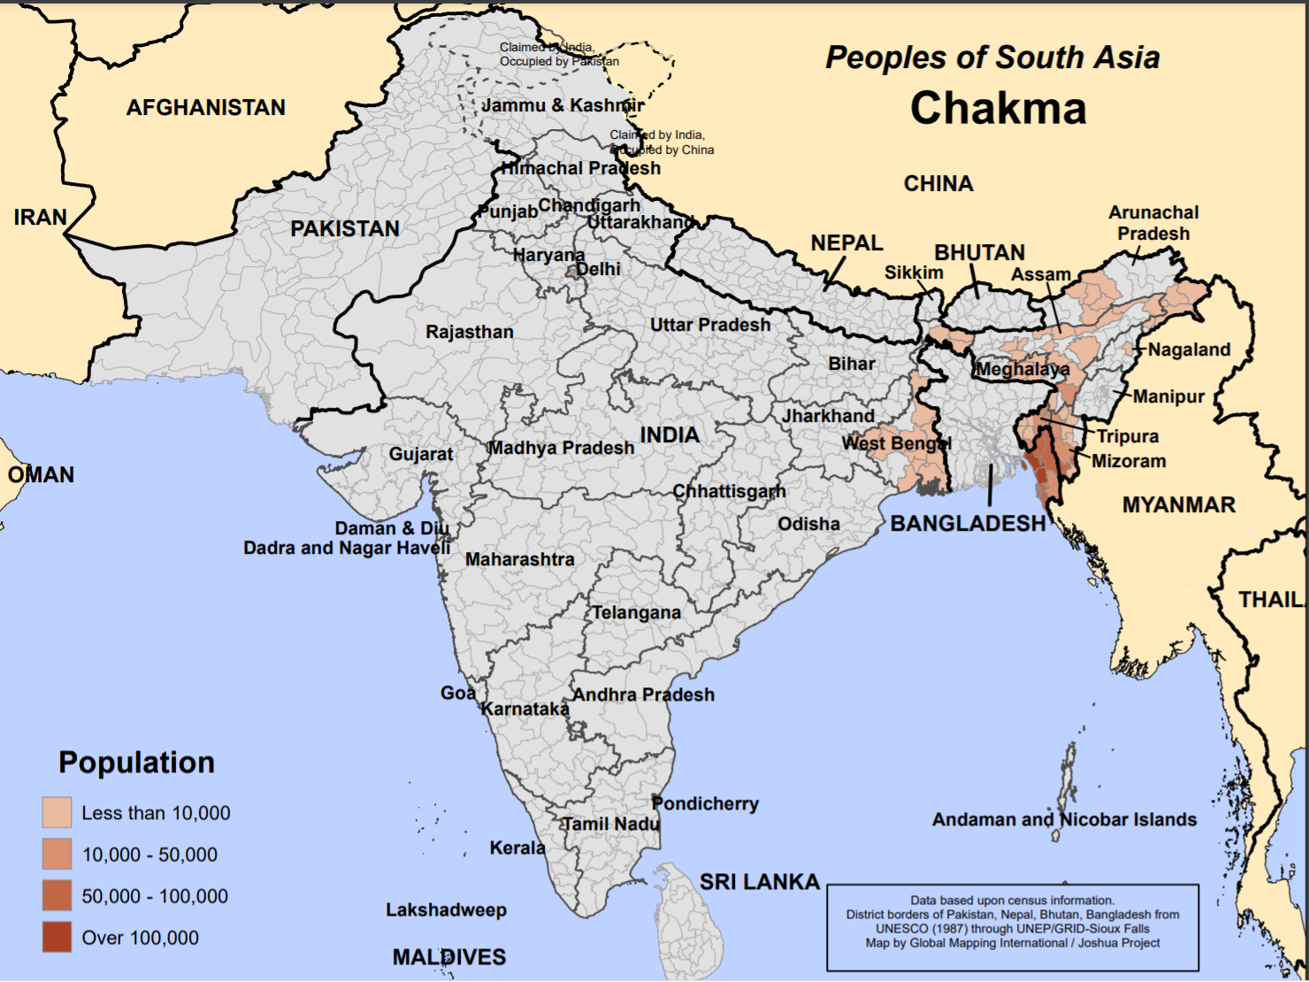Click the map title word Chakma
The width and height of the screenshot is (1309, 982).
pyautogui.click(x=998, y=109)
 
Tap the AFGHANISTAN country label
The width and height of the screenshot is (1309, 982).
pyautogui.click(x=205, y=108)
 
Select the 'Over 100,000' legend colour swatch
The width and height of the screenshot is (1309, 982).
pyautogui.click(x=57, y=937)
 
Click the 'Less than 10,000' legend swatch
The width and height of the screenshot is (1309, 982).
pyautogui.click(x=57, y=812)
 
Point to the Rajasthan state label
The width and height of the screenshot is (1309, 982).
pyautogui.click(x=469, y=332)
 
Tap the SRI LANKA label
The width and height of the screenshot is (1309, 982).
pyautogui.click(x=759, y=882)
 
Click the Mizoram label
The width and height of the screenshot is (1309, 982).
pyautogui.click(x=1129, y=461)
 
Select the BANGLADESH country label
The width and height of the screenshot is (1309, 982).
pyautogui.click(x=968, y=524)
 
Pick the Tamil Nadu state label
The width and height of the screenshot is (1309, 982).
pyautogui.click(x=611, y=824)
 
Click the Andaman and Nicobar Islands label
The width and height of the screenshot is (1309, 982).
pyautogui.click(x=1064, y=820)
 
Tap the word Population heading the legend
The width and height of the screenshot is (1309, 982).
pyautogui.click(x=136, y=763)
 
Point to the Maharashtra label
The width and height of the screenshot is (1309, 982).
pyautogui.click(x=519, y=559)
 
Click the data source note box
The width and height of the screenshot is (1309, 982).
pyautogui.click(x=1012, y=927)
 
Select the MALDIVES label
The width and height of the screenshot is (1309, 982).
pyautogui.click(x=448, y=957)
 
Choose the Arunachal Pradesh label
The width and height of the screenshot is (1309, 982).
pyautogui.click(x=1153, y=223)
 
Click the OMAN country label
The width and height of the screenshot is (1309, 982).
pyautogui.click(x=41, y=475)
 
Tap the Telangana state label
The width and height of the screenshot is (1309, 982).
pyautogui.click(x=636, y=612)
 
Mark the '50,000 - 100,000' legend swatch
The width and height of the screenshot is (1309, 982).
pyautogui.click(x=57, y=895)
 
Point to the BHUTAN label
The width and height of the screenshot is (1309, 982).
pyautogui.click(x=979, y=253)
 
